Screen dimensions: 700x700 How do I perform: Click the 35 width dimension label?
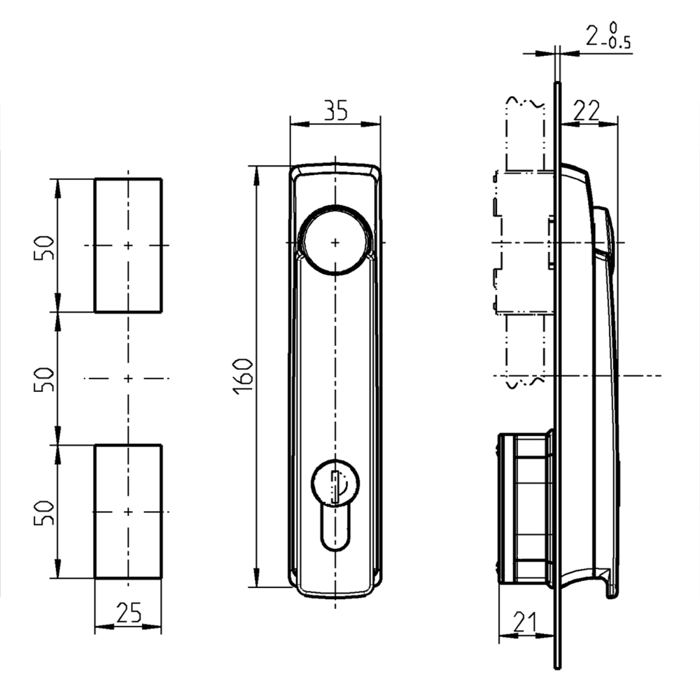click(x=335, y=111)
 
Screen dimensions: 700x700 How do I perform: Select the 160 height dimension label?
click(x=242, y=375)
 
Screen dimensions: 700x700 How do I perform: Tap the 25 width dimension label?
click(x=128, y=613)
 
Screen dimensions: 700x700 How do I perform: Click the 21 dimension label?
click(x=525, y=621)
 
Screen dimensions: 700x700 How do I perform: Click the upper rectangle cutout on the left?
click(x=128, y=245)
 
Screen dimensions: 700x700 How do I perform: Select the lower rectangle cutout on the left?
click(x=128, y=512)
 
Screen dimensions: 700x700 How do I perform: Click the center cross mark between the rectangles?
click(x=128, y=379)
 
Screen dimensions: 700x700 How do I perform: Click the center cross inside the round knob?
click(x=335, y=242)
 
